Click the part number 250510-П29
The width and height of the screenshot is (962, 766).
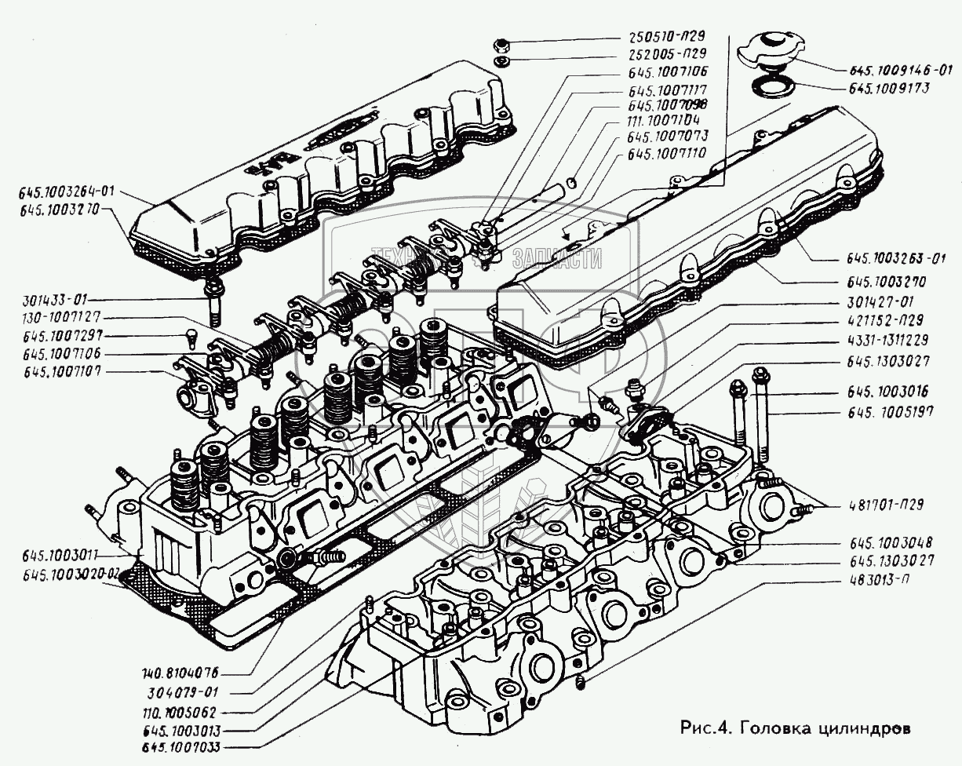point(666,36)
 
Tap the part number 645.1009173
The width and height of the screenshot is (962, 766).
point(891,89)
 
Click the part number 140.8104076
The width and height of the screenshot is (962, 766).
point(180,673)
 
